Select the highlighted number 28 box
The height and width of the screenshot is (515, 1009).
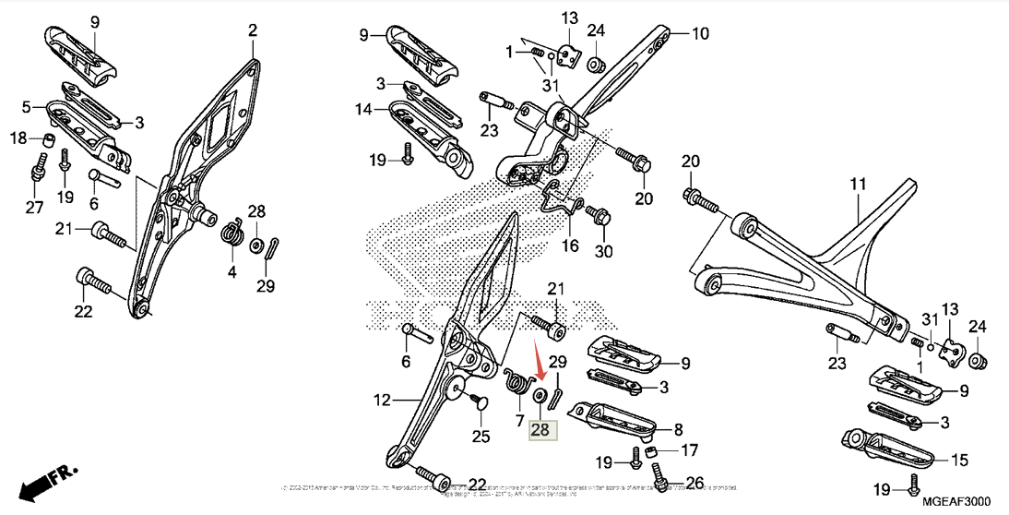tap(540, 429)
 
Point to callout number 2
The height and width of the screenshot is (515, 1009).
tap(252, 32)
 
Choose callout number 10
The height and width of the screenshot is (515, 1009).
tap(700, 35)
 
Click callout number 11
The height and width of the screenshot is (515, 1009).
tap(858, 186)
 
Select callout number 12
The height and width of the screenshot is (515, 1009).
tap(383, 401)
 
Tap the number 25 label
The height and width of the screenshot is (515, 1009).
tap(481, 436)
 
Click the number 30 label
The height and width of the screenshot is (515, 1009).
tap(603, 251)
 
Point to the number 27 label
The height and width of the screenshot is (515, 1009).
tap(34, 208)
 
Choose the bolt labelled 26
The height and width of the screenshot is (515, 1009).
tap(660, 475)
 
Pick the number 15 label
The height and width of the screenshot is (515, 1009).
tap(959, 460)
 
